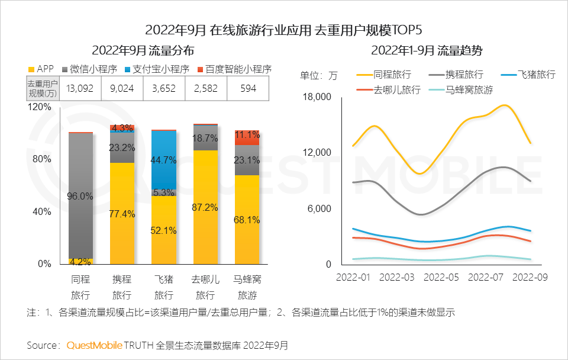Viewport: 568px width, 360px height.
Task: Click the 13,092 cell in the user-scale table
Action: pyautogui.click(x=80, y=89)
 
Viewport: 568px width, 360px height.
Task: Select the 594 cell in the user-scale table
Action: pyautogui.click(x=248, y=89)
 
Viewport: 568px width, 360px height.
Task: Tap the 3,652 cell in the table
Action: pyautogui.click(x=164, y=89)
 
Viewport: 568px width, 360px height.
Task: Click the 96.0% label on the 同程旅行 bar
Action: pyautogui.click(x=80, y=196)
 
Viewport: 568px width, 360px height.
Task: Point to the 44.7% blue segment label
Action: pyautogui.click(x=164, y=160)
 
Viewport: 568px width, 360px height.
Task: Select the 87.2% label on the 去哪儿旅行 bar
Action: pyautogui.click(x=205, y=207)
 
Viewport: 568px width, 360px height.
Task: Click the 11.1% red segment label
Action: pyautogui.click(x=247, y=134)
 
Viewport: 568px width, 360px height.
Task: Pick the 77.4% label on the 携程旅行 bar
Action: pyautogui.click(x=122, y=214)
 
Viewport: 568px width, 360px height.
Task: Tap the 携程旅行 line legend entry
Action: pyautogui.click(x=458, y=75)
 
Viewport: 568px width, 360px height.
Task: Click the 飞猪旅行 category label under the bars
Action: pyautogui.click(x=164, y=287)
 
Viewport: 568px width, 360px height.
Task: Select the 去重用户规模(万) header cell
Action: pyautogui.click(x=43, y=89)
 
